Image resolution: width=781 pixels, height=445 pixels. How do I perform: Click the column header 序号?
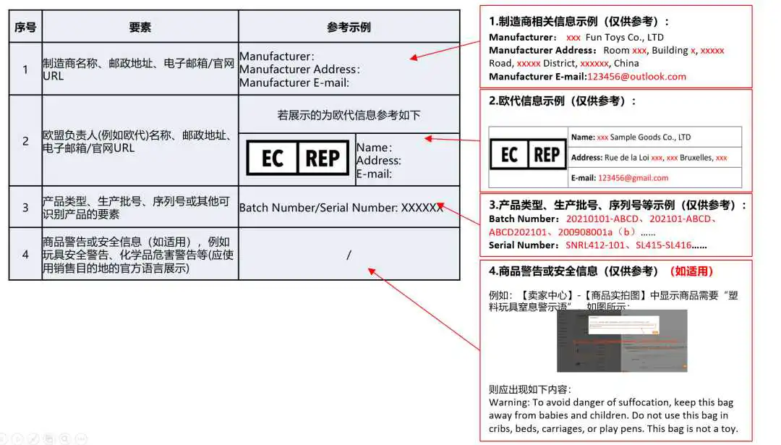(x=25, y=27)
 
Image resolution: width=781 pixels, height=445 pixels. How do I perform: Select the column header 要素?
(x=140, y=27)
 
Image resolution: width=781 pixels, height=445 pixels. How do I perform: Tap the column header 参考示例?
(x=349, y=27)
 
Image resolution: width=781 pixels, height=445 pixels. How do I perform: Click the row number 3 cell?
(x=25, y=208)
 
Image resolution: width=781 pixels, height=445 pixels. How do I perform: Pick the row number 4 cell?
(x=25, y=254)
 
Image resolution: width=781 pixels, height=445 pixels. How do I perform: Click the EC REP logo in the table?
(x=297, y=158)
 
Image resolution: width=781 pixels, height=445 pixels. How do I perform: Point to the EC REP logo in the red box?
(x=528, y=155)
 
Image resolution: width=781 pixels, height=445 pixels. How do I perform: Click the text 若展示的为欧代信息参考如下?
(x=349, y=115)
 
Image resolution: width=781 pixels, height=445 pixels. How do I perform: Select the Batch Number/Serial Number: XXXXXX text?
(x=341, y=208)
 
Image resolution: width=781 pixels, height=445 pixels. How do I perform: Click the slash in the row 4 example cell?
(x=349, y=255)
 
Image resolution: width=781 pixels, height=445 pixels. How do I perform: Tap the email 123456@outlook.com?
(x=636, y=76)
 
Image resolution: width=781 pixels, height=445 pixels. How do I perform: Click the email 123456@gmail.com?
(x=633, y=177)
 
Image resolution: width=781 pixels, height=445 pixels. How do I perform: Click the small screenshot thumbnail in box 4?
(x=621, y=341)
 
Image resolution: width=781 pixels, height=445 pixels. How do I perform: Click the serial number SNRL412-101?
(x=597, y=245)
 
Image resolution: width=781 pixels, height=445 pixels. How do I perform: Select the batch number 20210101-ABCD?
(x=602, y=219)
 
